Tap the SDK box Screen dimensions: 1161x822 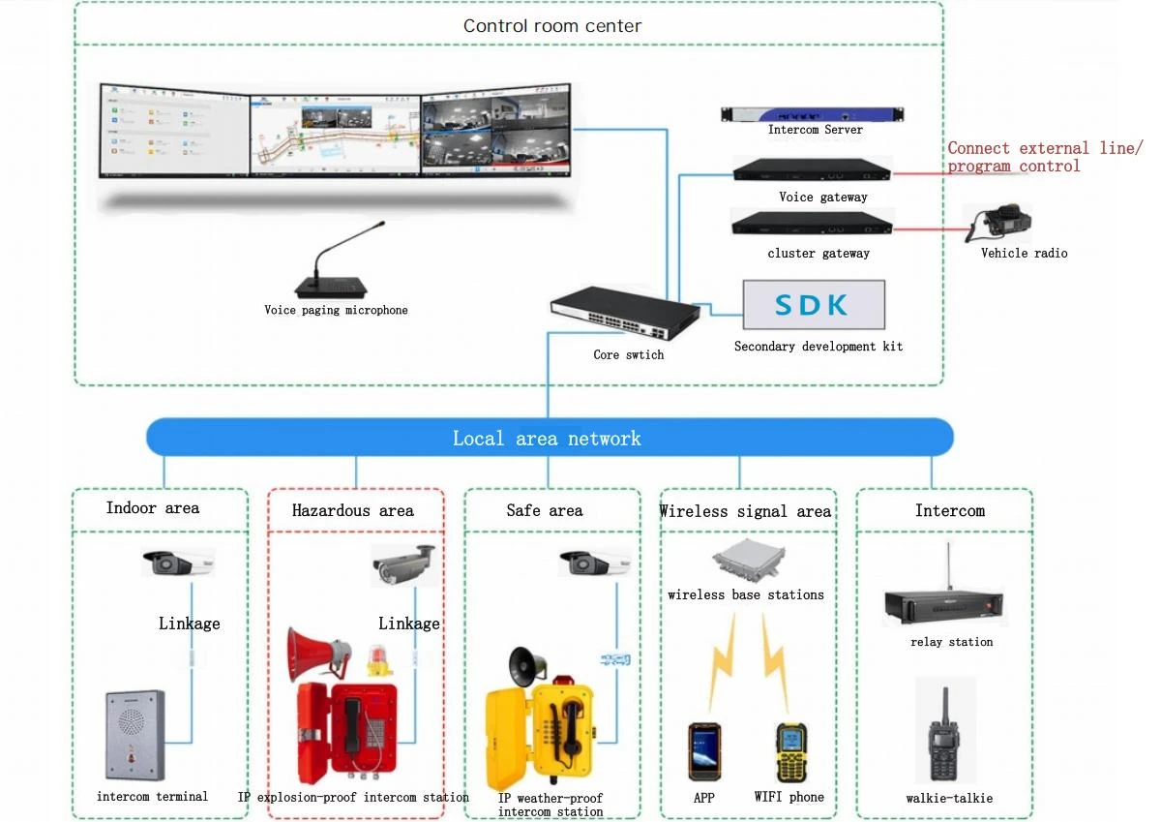tap(814, 305)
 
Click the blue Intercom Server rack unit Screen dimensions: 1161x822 tap(812, 114)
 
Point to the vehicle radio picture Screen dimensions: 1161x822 tap(998, 223)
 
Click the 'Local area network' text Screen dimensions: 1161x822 tap(547, 439)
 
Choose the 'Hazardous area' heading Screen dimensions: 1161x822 tap(352, 511)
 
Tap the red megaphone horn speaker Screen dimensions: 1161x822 tap(317, 654)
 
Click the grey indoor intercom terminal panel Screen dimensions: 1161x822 tap(135, 735)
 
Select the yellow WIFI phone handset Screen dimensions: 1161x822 tap(791, 753)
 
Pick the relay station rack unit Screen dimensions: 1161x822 tap(944, 605)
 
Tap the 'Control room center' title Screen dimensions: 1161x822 tap(552, 26)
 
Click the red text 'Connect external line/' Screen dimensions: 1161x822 tap(1044, 148)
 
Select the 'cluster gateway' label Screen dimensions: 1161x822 tap(819, 253)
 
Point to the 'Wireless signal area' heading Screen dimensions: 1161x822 tap(745, 511)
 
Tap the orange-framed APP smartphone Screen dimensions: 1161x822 tap(704, 752)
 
